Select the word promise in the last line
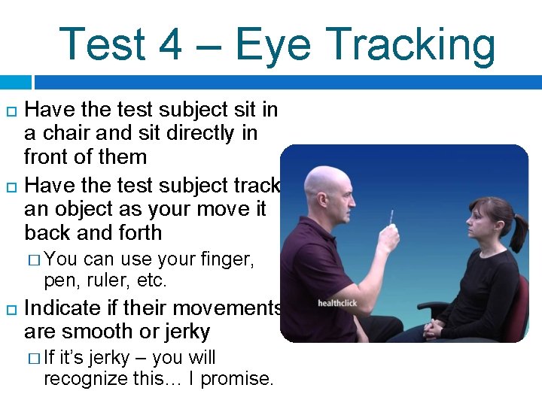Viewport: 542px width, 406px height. point(236,378)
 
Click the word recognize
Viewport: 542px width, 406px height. point(90,378)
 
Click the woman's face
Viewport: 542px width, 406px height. point(480,224)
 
